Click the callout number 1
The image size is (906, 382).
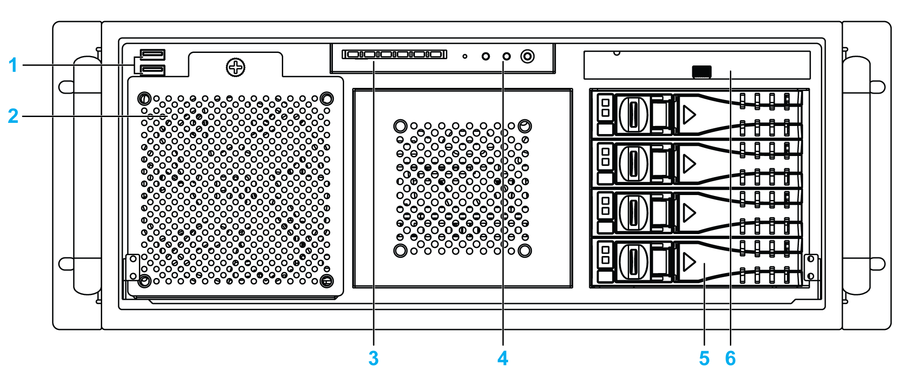13,65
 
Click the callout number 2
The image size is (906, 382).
13,116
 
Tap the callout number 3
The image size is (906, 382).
373,358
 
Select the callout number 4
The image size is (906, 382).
503,358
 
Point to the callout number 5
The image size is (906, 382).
704,358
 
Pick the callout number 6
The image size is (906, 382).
730,358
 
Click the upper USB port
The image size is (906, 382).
153,55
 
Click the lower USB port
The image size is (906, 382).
153,70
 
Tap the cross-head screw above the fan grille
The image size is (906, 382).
235,68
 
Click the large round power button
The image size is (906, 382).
527,56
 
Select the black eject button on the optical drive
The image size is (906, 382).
702,72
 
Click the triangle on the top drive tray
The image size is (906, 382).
689,115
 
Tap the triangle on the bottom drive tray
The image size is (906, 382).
689,261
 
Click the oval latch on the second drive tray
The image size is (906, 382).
633,164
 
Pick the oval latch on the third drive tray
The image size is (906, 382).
633,213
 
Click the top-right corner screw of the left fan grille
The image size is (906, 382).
327,98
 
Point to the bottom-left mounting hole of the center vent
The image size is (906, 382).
400,250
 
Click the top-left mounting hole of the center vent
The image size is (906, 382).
400,126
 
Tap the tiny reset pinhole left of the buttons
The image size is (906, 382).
465,56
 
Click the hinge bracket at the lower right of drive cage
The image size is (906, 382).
811,267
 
